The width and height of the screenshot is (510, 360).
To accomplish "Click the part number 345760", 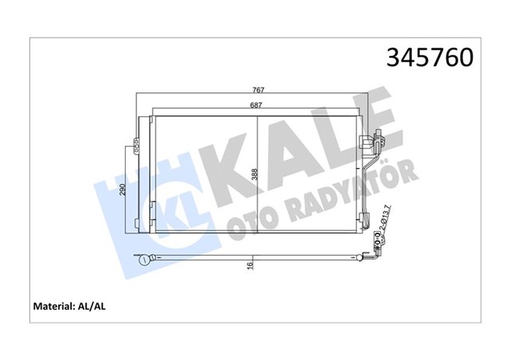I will pyautogui.click(x=430, y=58).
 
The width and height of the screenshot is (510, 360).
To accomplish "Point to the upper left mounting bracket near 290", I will pyautogui.click(x=135, y=147).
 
